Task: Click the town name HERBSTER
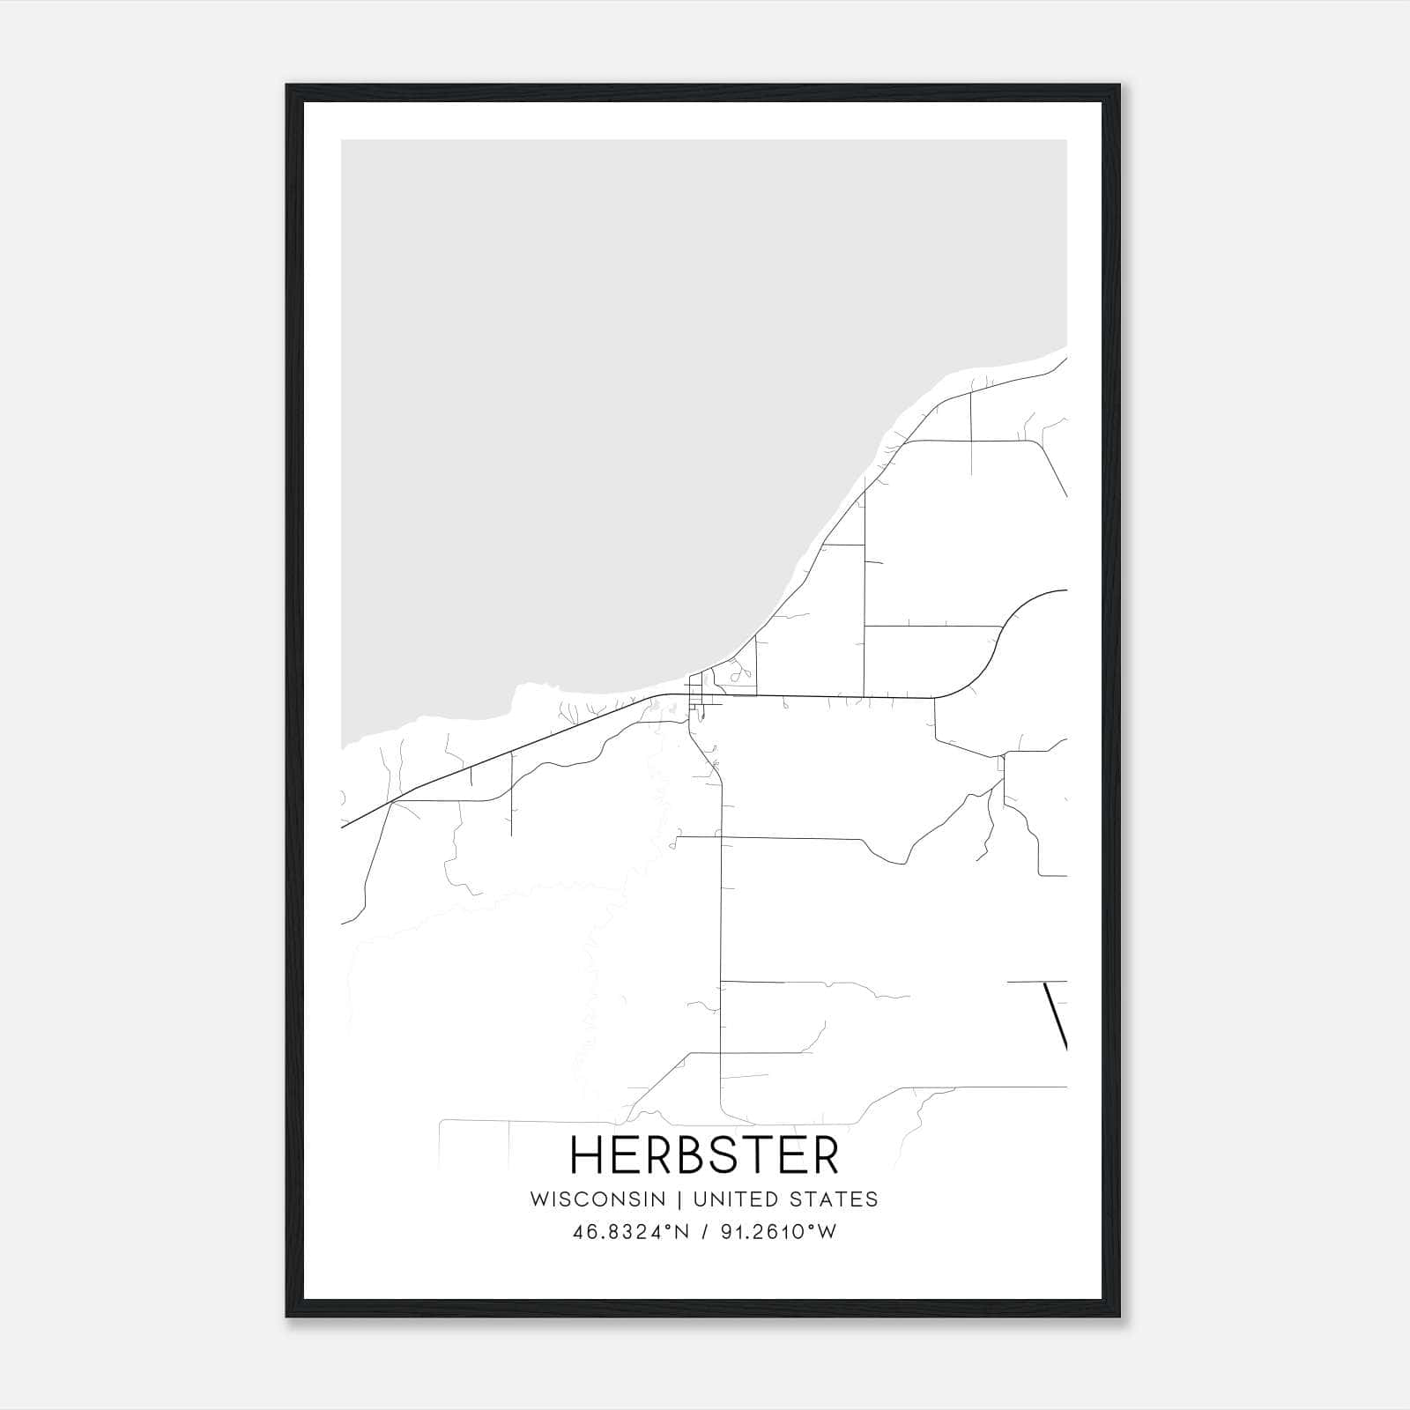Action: coord(704,1154)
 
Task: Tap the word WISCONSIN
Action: coord(597,1199)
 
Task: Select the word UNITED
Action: coord(738,1199)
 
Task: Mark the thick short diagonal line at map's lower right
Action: coord(1056,1015)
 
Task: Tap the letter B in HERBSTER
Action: coord(690,1154)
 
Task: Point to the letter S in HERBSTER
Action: coord(730,1154)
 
